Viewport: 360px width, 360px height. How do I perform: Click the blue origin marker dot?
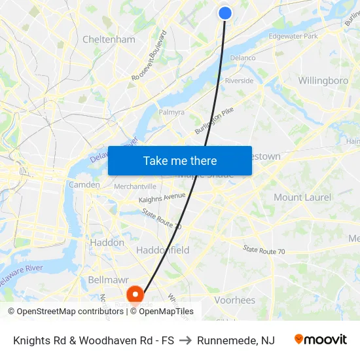click(x=225, y=13)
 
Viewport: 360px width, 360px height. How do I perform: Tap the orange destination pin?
click(x=135, y=295)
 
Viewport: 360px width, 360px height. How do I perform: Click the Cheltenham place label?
click(x=109, y=39)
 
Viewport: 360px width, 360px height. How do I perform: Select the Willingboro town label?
click(x=323, y=81)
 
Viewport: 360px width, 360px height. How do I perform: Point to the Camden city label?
click(x=84, y=185)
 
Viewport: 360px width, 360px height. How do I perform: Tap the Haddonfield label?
click(x=163, y=250)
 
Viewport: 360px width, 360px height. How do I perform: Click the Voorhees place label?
click(x=234, y=300)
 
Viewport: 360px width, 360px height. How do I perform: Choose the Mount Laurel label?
click(x=302, y=197)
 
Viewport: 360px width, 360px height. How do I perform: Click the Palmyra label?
click(x=171, y=112)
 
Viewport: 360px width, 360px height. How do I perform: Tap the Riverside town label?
click(x=239, y=81)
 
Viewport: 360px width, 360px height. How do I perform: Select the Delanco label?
click(x=243, y=58)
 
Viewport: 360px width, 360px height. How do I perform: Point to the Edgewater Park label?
click(x=293, y=36)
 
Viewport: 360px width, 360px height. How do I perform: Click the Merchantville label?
click(x=135, y=186)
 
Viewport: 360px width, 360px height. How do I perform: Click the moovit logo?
click(x=321, y=339)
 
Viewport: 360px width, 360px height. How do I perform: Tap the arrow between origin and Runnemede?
click(x=185, y=340)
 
